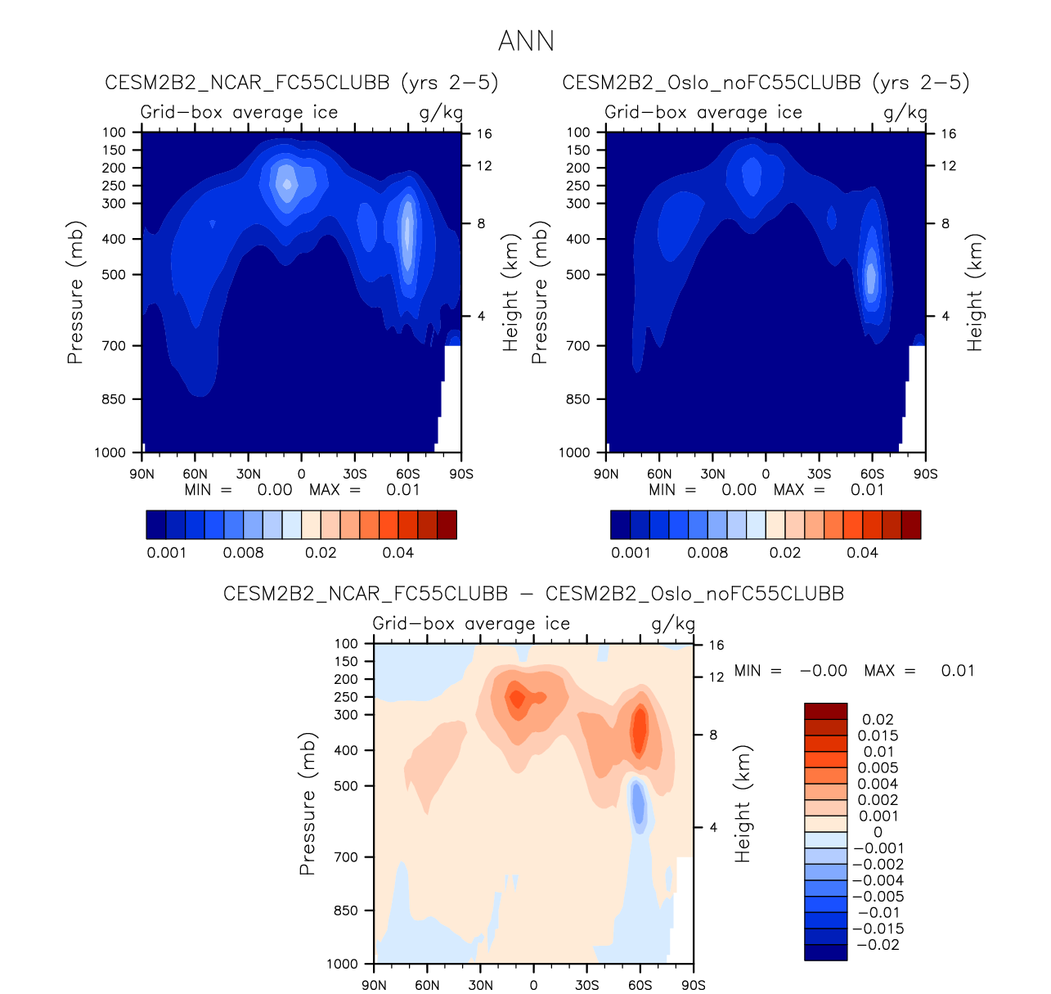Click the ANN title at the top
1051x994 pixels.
click(526, 41)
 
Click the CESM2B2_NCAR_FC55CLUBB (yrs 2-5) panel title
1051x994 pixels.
click(301, 83)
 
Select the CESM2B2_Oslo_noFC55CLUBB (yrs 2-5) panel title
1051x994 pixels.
click(766, 83)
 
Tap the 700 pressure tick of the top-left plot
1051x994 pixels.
click(115, 346)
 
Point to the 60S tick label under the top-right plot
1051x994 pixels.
click(872, 474)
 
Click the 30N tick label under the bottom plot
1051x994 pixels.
click(480, 985)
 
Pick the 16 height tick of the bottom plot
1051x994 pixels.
click(716, 645)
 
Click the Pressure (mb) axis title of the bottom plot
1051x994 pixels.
click(308, 803)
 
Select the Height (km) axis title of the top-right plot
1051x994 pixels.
click(975, 293)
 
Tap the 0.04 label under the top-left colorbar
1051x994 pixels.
click(398, 553)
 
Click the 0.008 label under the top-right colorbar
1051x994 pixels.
click(707, 553)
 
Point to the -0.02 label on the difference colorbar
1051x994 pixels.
click(878, 945)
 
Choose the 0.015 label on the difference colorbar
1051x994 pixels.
click(878, 735)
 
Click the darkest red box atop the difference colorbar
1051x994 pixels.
click(825, 711)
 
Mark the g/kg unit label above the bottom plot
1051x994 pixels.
click(673, 624)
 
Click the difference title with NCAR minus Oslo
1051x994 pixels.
click(533, 594)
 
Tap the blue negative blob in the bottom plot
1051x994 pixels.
click(638, 803)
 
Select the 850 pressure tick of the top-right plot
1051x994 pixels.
click(578, 399)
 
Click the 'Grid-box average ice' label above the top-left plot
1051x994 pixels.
click(239, 113)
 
